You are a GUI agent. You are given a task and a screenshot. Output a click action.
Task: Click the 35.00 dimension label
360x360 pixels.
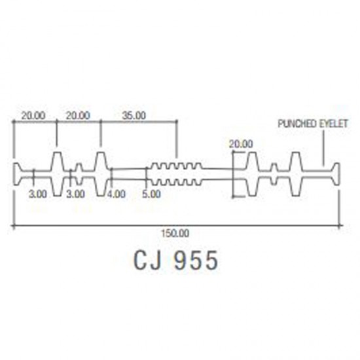pos(134,115)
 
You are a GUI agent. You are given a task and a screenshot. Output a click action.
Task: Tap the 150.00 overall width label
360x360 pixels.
pos(175,234)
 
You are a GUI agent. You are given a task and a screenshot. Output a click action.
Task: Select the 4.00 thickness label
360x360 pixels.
pos(117,194)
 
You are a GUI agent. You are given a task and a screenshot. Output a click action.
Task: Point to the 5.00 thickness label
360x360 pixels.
pos(152,194)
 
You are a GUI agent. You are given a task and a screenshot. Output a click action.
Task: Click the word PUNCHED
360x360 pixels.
pos(294,124)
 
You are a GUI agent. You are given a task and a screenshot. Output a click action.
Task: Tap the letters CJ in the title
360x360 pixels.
pos(147,261)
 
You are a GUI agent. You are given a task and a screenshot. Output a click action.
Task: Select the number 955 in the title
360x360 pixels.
pos(196,261)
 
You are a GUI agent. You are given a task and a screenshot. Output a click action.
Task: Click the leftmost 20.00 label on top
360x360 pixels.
pos(33,115)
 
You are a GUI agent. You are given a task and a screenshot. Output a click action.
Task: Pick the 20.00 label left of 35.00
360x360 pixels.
pos(78,115)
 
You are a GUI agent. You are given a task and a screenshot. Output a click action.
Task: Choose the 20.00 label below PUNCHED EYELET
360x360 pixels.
pos(241,144)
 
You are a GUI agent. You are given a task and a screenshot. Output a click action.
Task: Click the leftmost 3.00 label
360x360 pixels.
pos(38,194)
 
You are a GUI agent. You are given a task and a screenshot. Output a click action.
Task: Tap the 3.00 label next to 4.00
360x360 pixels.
pos(76,194)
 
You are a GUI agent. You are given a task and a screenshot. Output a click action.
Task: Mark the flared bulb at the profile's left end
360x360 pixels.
pos(16,174)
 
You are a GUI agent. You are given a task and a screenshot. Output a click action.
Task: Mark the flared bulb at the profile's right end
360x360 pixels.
pos(336,174)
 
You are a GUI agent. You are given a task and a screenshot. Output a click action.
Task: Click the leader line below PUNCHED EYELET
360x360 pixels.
pos(323,148)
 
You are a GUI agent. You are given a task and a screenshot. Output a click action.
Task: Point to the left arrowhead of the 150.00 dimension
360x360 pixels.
pos(13,226)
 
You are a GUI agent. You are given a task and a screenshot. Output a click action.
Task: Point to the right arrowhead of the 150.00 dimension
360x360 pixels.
pos(340,226)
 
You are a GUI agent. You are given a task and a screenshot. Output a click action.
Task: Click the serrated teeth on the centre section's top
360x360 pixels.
pos(176,166)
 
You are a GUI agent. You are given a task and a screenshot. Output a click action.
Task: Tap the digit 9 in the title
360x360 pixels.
pos(182,261)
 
